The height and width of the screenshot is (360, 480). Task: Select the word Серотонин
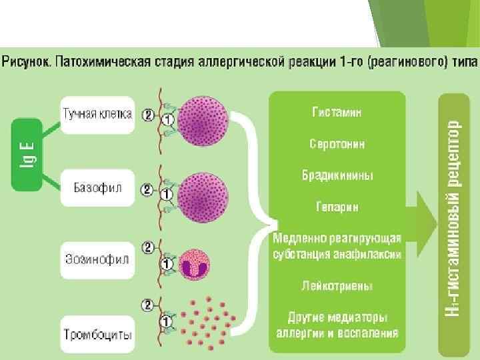pos(337,144)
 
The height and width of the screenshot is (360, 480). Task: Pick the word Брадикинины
pos(337,175)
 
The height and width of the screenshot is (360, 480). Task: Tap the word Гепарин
pos(337,207)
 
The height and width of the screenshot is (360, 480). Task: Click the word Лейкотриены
pos(337,286)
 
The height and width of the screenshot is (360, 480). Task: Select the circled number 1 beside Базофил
pos(167,196)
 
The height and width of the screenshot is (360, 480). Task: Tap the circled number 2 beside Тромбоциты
pos(147,305)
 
